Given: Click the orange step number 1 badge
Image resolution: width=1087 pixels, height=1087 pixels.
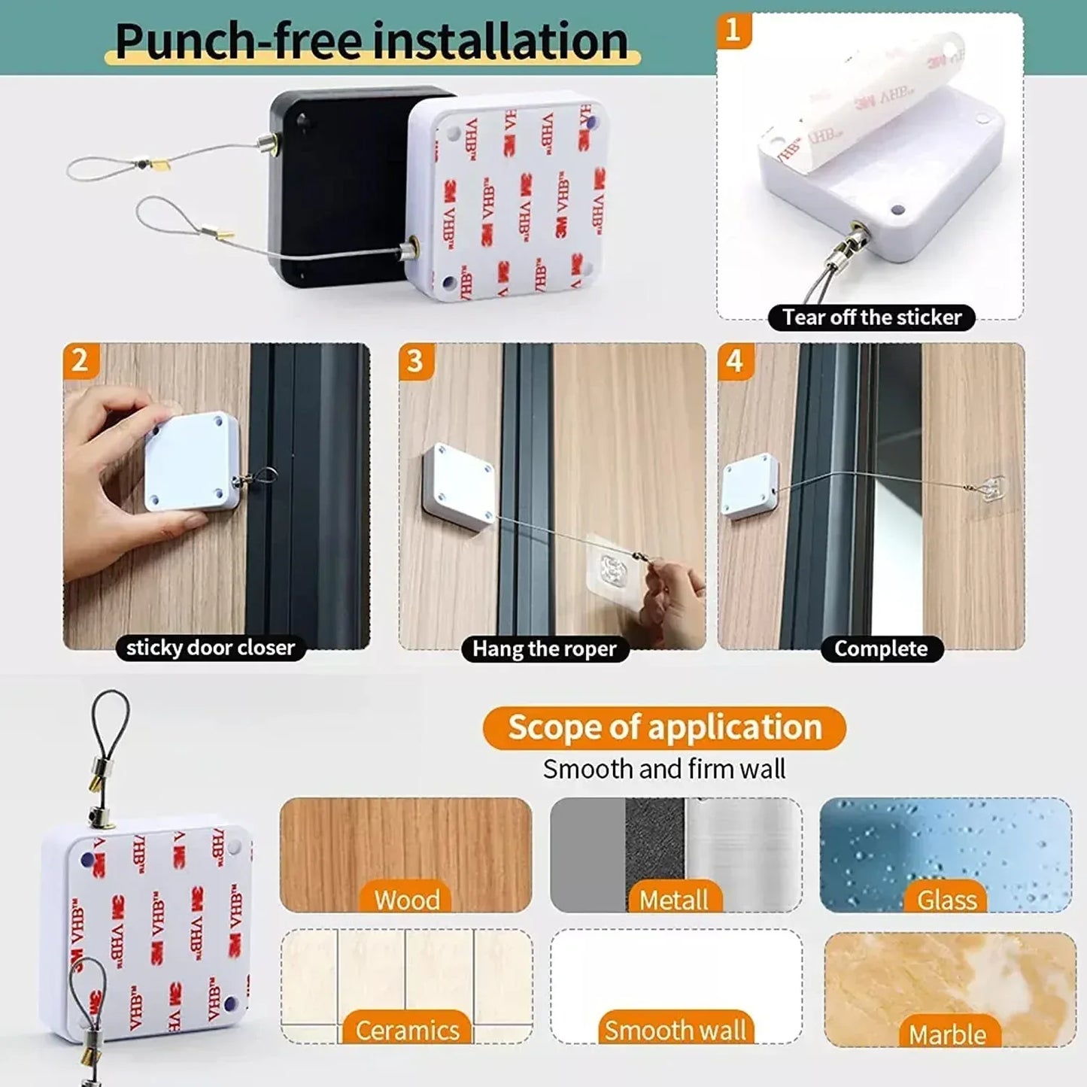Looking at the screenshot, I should [733, 30].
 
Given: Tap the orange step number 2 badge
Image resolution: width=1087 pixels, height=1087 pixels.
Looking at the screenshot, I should [80, 360].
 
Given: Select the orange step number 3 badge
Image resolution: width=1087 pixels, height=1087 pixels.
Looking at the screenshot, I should [415, 360].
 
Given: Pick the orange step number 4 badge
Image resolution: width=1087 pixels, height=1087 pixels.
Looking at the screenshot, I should [735, 360].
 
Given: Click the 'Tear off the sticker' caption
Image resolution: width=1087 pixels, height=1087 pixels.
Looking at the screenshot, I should [871, 317].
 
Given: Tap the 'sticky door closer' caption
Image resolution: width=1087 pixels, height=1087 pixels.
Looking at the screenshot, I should [210, 648].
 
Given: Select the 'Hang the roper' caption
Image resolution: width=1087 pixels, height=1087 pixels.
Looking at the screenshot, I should [544, 648].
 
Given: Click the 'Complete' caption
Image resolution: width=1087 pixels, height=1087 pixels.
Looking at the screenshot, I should [881, 648].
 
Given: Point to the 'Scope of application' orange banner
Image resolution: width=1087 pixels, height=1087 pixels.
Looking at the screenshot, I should [664, 727].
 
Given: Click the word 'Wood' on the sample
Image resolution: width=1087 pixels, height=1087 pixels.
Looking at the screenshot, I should [407, 900].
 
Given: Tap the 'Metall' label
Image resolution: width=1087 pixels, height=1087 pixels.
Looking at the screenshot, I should [674, 900].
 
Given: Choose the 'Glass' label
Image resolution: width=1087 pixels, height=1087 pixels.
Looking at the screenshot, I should [946, 900].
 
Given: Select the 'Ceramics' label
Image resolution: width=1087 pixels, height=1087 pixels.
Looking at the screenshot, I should [407, 1030].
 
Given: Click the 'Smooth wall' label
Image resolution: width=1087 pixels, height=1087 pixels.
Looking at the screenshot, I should [675, 1030].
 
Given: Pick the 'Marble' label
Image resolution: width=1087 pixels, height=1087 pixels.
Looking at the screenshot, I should [947, 1034].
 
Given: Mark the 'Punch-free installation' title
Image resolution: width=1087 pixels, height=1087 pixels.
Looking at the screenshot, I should [372, 41].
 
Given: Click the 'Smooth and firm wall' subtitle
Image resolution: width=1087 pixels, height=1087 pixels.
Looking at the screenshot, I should [664, 769].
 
